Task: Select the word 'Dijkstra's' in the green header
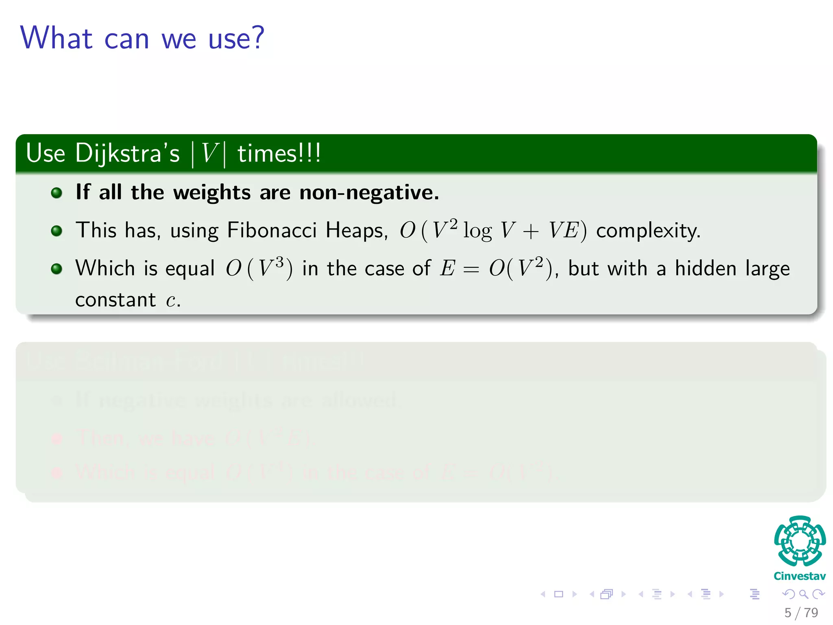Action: pyautogui.click(x=127, y=154)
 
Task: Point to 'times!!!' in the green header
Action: pyautogui.click(x=279, y=154)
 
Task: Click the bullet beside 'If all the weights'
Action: pyautogui.click(x=57, y=192)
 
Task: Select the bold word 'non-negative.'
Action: pyautogui.click(x=369, y=192)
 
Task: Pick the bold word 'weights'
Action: pyautogui.click(x=212, y=192)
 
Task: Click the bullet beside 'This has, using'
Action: pyautogui.click(x=57, y=231)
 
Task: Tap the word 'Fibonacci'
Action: pyautogui.click(x=272, y=230)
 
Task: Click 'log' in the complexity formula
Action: pyautogui.click(x=477, y=231)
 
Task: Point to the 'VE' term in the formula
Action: pyautogui.click(x=564, y=230)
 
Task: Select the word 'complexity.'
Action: pyautogui.click(x=648, y=231)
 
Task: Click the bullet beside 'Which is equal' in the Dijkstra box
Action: pyautogui.click(x=57, y=269)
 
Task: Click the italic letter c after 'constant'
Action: pyautogui.click(x=171, y=301)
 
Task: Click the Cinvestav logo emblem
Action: pyautogui.click(x=800, y=541)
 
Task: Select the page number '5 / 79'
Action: pyautogui.click(x=801, y=612)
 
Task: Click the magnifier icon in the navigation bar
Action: pyautogui.click(x=803, y=594)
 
